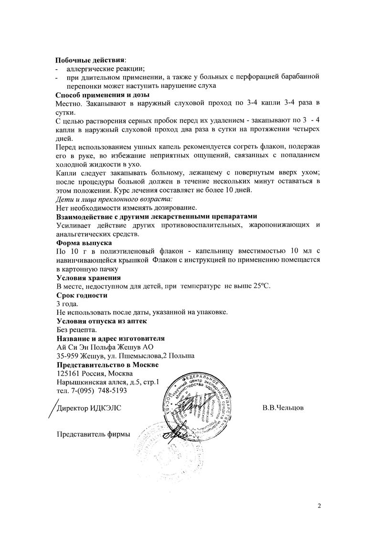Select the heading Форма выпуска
point(84,243)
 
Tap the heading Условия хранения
point(88,278)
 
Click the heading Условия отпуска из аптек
point(101,321)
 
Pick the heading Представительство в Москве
point(107,365)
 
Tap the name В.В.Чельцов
point(283,409)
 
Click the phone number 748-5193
point(112,391)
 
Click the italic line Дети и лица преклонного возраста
point(114,199)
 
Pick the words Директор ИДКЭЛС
point(89,409)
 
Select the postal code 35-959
point(67,356)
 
